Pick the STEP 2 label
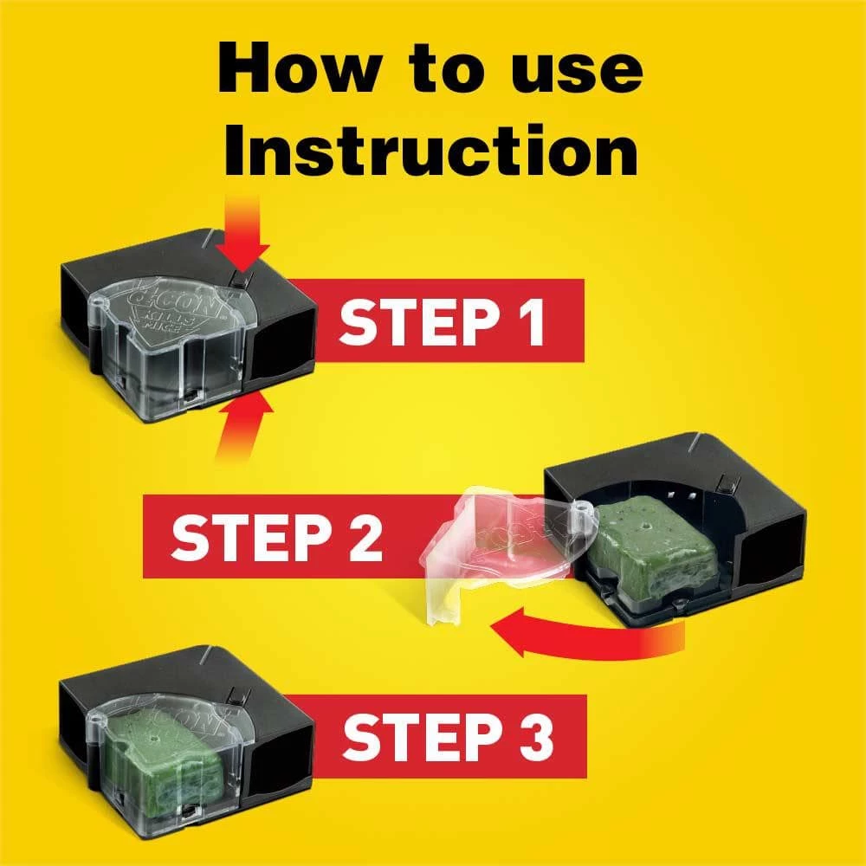click(277, 537)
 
